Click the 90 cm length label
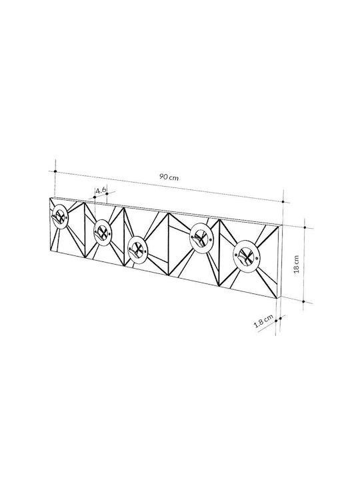(169, 177)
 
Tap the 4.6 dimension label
(101, 191)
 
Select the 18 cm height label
(296, 264)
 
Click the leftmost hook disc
(59, 217)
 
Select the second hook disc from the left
(103, 233)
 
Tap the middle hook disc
(138, 249)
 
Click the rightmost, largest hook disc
(246, 255)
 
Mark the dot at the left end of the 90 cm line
(55, 171)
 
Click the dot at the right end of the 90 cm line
(283, 202)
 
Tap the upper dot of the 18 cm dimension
(305, 227)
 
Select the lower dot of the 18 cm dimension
(303, 301)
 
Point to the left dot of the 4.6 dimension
(95, 197)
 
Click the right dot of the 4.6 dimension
(107, 194)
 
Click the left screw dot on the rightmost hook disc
(236, 255)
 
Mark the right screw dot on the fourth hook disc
(211, 239)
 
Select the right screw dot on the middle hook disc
(146, 251)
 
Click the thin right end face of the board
(279, 262)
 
